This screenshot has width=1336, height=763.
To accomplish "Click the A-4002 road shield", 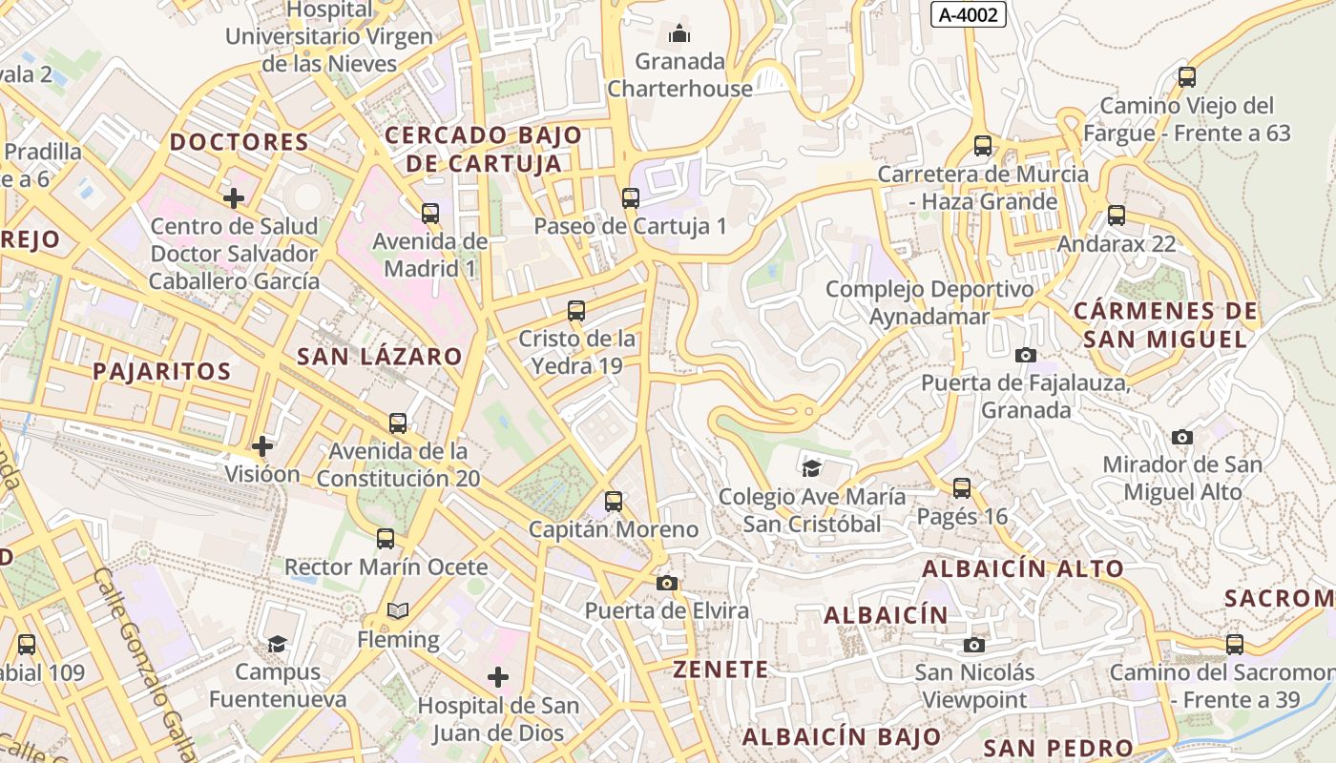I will tap(969, 14).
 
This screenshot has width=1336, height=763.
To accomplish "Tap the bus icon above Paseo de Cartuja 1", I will tap(630, 198).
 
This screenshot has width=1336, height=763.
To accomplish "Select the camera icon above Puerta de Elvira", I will tap(667, 583).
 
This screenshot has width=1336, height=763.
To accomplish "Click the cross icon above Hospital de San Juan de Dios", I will tap(498, 677).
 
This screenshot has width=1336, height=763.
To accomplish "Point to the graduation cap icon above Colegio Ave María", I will tap(811, 468).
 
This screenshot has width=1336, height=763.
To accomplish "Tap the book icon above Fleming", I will tap(398, 610).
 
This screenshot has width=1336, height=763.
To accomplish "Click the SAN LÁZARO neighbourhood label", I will tap(380, 357).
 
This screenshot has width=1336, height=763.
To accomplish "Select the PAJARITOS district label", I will tap(162, 371).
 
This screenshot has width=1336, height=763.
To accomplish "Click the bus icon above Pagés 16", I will tap(962, 488).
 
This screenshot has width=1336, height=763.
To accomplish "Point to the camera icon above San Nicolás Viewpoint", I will tap(973, 645).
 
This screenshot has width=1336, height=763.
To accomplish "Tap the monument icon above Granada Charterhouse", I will tap(679, 34).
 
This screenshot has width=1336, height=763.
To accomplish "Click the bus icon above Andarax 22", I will tap(1117, 216).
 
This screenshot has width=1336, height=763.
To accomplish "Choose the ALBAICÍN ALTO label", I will tap(1023, 569).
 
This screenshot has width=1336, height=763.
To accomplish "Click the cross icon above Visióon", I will tap(262, 445).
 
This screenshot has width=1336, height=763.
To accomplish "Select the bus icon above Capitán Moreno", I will tap(614, 501).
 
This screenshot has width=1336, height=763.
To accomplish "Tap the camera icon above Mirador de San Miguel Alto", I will tap(1182, 437).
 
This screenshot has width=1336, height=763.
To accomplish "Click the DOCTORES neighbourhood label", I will tap(239, 143).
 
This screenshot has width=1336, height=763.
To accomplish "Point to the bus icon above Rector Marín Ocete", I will tap(386, 539).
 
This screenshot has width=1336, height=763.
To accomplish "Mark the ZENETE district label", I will tap(720, 670).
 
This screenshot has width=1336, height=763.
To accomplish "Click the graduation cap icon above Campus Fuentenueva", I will tap(277, 644).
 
